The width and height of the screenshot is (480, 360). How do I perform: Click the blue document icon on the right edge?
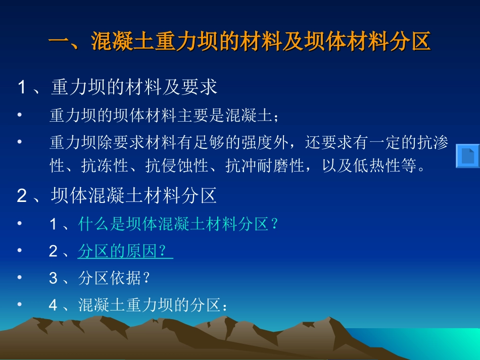point(467,156)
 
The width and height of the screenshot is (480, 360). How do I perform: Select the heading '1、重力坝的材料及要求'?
point(117,87)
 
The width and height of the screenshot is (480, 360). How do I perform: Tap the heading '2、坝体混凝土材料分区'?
point(117,196)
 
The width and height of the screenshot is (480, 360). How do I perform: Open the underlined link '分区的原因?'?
point(125,251)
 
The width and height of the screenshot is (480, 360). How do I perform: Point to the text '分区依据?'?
point(115,278)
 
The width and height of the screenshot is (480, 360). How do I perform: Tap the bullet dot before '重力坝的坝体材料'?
point(19,116)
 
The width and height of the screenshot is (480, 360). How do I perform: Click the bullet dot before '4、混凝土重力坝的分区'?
point(19,305)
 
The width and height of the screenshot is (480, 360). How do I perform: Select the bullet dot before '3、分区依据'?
point(19,278)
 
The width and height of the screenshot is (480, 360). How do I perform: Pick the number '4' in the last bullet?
point(54,305)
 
